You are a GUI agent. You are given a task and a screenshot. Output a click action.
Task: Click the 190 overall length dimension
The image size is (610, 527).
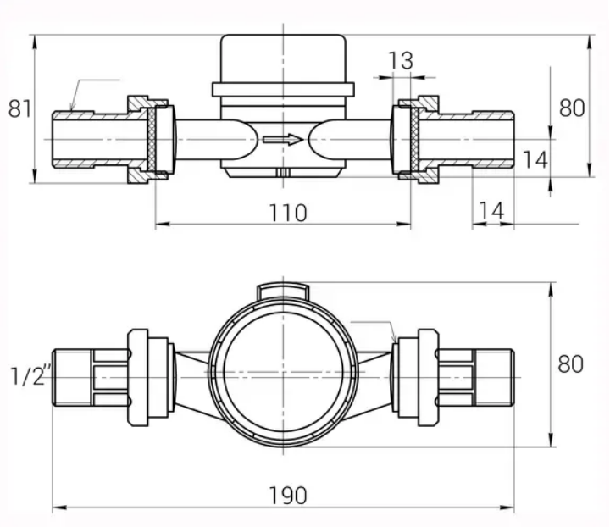tap(289, 495)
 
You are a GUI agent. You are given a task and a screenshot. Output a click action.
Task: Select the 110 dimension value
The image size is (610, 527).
tap(289, 212)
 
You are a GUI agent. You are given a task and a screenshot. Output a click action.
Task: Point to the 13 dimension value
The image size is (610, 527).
tap(401, 61)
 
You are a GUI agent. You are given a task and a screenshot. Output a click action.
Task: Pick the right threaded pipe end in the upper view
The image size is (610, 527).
tap(491, 139)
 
